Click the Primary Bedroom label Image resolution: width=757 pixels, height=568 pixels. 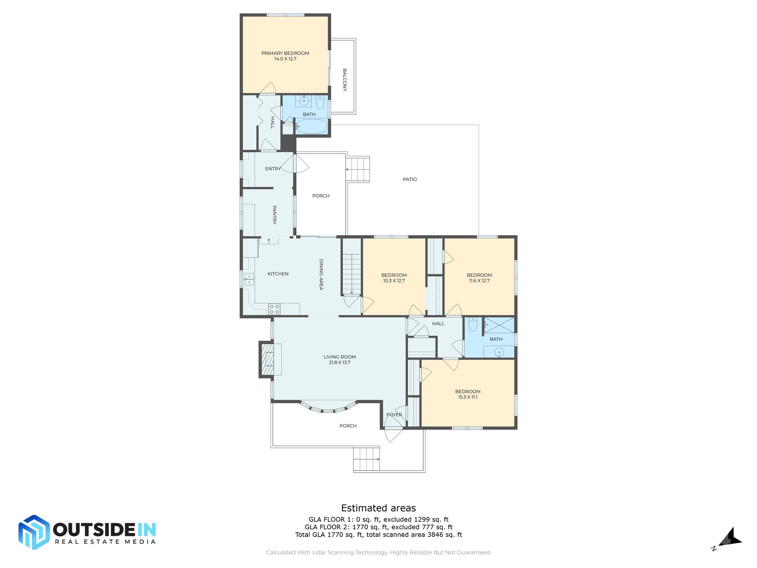coord(285,53)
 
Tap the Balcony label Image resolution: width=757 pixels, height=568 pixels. coord(344,80)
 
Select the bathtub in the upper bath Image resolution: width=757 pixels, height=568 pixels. coord(311,126)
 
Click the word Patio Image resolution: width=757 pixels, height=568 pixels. coord(410,179)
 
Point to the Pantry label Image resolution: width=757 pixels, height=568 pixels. coord(275,215)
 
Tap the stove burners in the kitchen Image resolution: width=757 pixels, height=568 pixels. coord(274,309)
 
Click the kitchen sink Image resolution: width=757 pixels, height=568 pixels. coord(249,279)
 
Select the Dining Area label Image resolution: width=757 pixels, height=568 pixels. coord(321,274)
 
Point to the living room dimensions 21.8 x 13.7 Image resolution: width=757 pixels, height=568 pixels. coord(340,363)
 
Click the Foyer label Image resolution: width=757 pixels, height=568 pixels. coord(394,415)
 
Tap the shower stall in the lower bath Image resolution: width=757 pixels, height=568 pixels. coord(499,325)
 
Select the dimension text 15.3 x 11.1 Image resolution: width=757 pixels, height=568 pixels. coord(468,398)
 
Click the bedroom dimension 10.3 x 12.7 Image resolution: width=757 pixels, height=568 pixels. coord(394,281)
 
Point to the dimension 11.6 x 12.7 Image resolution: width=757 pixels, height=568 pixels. coord(479,281)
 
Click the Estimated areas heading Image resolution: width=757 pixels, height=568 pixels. coord(378,508)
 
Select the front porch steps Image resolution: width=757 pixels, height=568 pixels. coord(366,459)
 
